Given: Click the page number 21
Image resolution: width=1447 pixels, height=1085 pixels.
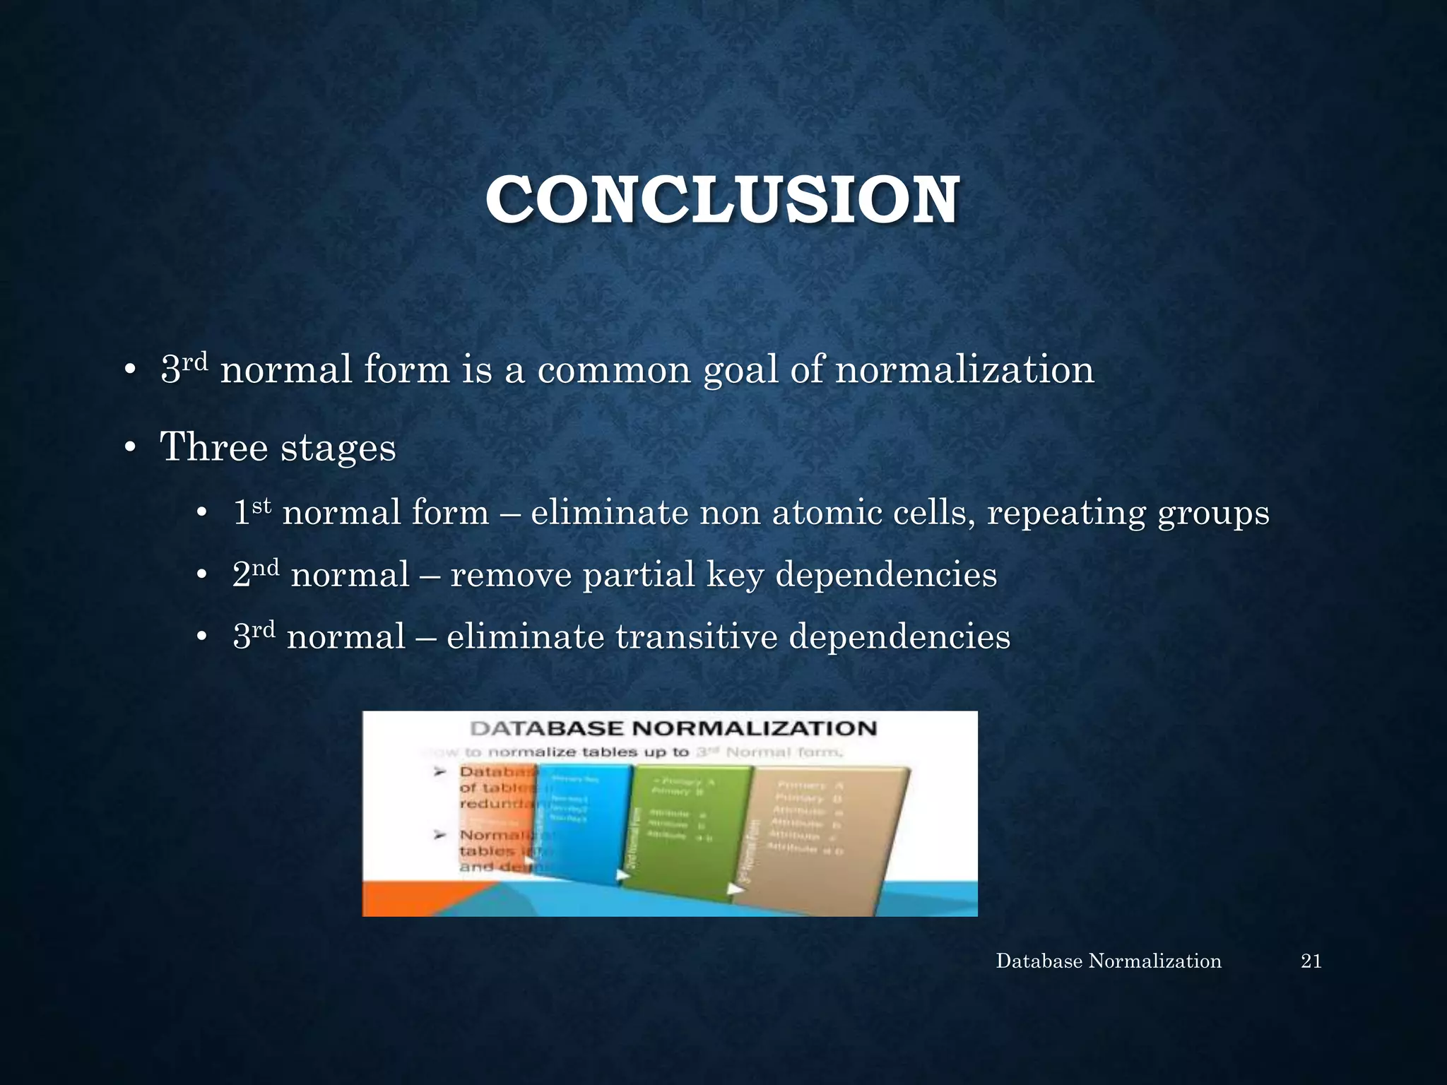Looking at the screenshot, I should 1311,961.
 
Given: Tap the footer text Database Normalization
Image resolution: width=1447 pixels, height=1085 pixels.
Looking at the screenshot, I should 1108,961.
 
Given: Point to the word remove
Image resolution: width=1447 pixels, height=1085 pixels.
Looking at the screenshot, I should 511,575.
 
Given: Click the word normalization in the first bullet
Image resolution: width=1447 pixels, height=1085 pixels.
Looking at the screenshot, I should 964,369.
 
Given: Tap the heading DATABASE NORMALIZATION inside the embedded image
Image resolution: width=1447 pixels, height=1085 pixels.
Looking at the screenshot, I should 673,728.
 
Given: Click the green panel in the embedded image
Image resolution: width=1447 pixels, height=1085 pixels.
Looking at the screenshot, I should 689,830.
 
